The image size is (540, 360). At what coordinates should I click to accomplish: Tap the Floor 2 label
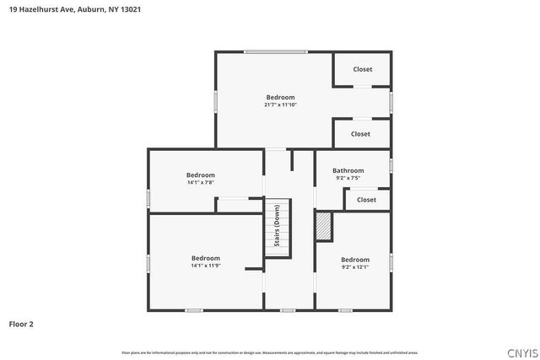[x=22, y=324]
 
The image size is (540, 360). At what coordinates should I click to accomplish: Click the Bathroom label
[x=348, y=170]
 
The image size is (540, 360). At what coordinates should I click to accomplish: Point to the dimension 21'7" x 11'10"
[x=281, y=105]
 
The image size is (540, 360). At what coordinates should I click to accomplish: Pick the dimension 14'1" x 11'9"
[x=205, y=266]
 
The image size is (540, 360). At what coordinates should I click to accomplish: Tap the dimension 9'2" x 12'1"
[x=355, y=267]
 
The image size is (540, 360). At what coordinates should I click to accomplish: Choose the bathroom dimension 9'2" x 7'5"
[x=348, y=179]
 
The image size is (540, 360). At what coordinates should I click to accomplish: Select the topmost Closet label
[x=363, y=69]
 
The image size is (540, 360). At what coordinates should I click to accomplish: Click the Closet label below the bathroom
[x=366, y=200]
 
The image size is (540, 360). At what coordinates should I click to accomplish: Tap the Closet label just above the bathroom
[x=360, y=134]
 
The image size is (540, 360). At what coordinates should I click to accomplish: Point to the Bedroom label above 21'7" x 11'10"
[x=281, y=97]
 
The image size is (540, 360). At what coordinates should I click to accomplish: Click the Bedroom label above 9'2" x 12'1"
[x=355, y=260]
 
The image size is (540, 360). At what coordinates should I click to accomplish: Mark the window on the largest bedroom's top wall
[x=275, y=52]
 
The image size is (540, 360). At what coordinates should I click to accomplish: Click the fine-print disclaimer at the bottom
[x=270, y=352]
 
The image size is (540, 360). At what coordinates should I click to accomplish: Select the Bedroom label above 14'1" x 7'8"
[x=201, y=175]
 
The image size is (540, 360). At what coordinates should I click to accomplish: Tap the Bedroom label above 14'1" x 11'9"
[x=205, y=258]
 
